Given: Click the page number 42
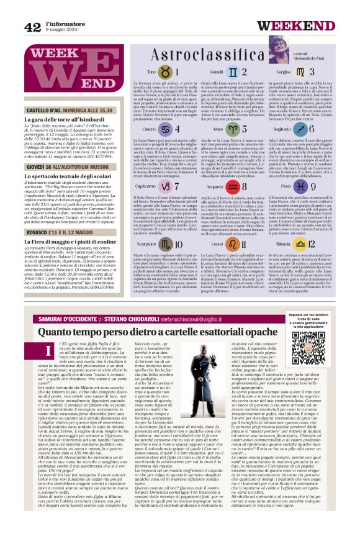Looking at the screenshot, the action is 32,27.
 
